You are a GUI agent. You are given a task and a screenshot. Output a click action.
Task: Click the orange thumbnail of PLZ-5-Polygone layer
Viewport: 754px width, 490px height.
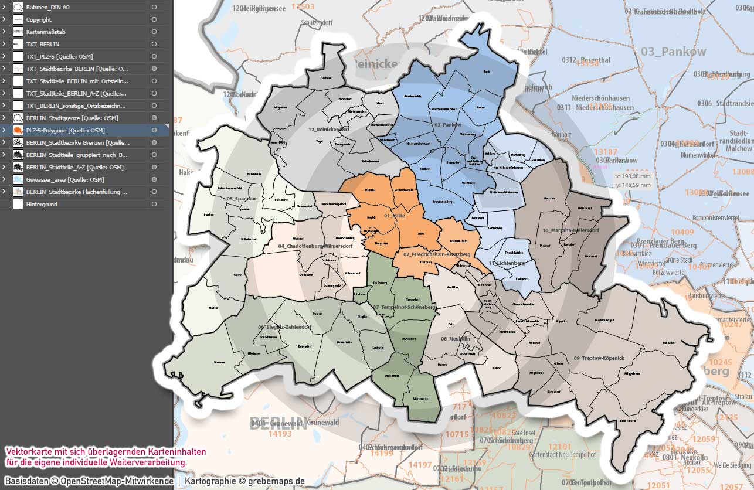click(18, 130)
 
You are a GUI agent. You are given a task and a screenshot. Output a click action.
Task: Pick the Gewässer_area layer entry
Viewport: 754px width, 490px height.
click(64, 179)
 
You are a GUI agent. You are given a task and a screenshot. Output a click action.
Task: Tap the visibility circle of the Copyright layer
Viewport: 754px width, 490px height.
click(154, 19)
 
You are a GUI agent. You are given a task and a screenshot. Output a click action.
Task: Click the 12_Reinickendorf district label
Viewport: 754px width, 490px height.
click(329, 129)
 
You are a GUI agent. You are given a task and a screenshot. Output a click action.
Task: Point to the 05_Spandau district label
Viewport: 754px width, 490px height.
click(239, 199)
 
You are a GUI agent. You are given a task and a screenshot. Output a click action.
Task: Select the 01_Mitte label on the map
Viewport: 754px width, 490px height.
click(395, 216)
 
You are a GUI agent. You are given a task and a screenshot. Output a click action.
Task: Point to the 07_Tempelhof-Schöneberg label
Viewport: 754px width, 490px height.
click(404, 307)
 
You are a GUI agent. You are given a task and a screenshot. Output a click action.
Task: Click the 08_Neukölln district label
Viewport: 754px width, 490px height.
click(456, 339)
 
